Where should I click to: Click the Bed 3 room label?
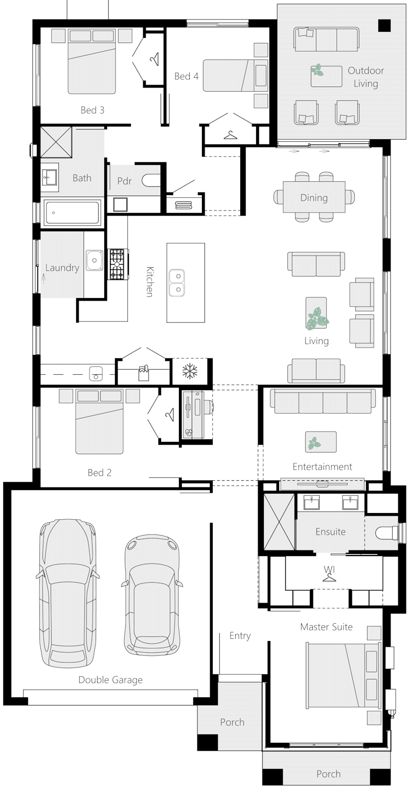[x=93, y=110]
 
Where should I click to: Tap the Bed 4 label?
[x=186, y=76]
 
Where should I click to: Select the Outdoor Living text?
[x=366, y=77]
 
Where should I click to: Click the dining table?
[x=314, y=197]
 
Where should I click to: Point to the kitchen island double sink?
[x=176, y=283]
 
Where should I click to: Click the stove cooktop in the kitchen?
[x=117, y=264]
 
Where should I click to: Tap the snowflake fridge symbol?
[x=191, y=371]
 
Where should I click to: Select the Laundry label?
[x=62, y=268]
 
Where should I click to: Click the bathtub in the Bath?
[x=72, y=212]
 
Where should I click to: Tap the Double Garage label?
[x=110, y=680]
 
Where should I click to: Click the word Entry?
[x=240, y=635]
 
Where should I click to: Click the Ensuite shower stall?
[x=279, y=522]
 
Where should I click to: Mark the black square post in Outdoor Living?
[x=384, y=26]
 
